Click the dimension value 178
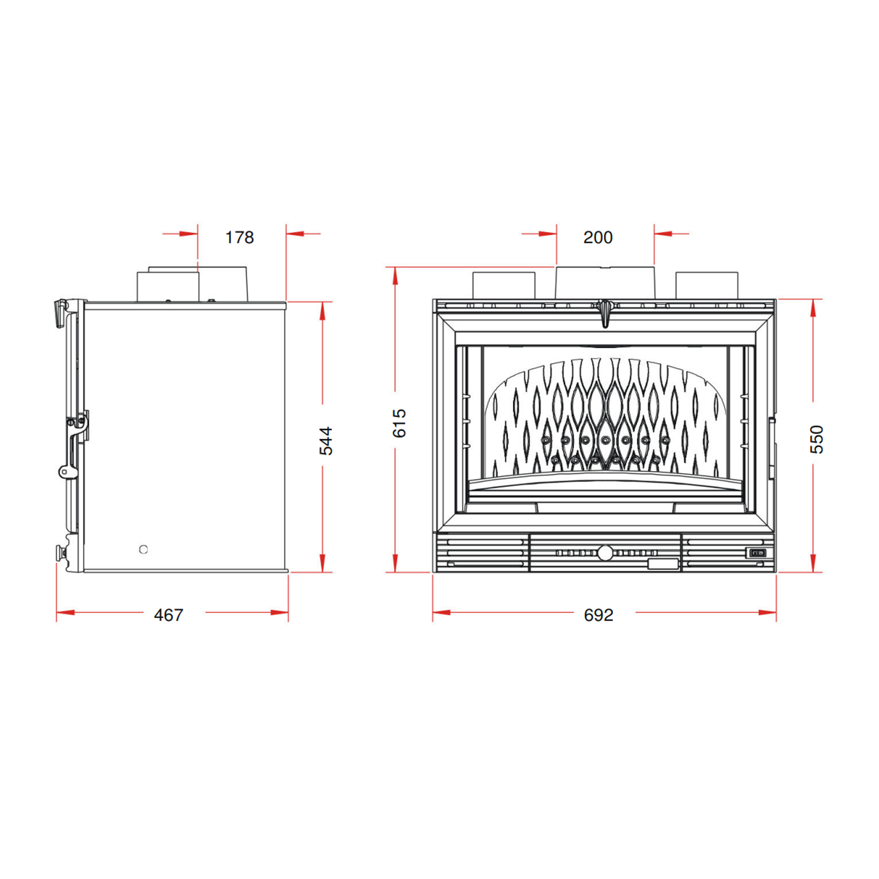tap(239, 237)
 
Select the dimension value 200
tap(597, 237)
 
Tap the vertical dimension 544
tap(326, 440)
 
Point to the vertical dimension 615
tap(399, 423)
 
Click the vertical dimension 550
tap(817, 439)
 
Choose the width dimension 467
tap(168, 615)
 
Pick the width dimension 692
tap(598, 615)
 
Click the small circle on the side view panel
tap(143, 549)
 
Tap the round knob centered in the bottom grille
tap(605, 553)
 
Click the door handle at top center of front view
tap(605, 313)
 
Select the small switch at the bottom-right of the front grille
tap(757, 553)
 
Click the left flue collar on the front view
tap(504, 285)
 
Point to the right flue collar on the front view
tap(706, 285)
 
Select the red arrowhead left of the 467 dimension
tap(65, 613)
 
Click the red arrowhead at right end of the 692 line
tap(767, 613)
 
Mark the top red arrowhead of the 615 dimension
tap(395, 277)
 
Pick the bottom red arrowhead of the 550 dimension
tap(813, 563)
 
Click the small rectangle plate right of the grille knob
tap(663, 564)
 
